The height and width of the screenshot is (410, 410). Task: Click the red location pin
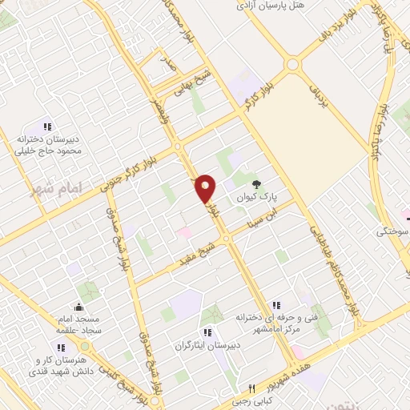coord(207,188)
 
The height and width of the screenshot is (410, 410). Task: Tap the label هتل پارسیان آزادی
coord(272,5)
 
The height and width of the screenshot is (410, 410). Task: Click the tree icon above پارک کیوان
coord(256,183)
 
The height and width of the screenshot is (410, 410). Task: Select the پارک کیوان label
coord(256,196)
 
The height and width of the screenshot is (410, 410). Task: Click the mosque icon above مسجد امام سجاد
coord(78,307)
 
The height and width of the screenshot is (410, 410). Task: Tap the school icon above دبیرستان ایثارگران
coord(207,332)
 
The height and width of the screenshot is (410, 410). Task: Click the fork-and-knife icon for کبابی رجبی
coord(251,388)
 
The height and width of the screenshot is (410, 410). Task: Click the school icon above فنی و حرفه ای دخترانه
coord(276,305)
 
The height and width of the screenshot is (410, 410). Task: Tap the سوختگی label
coord(392,231)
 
